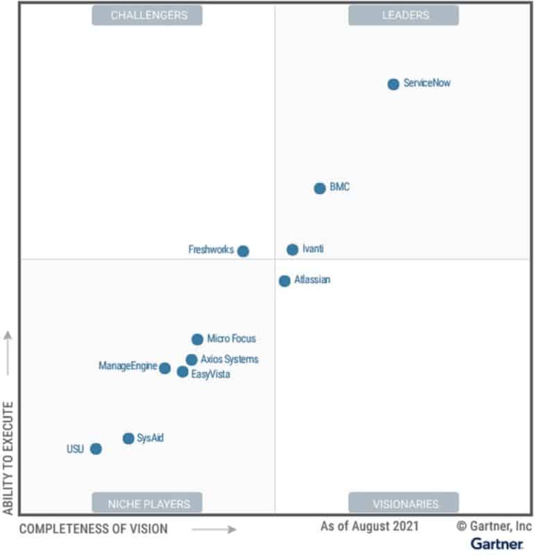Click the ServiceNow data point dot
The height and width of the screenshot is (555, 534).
393,84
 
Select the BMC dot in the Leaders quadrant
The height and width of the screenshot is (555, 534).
320,188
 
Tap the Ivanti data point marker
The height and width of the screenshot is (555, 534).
293,250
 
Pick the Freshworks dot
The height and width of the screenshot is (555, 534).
243,251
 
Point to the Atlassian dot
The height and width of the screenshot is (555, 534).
284,281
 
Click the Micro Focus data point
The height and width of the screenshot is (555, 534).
197,339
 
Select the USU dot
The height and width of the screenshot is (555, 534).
96,449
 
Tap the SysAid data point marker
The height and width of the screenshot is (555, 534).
128,438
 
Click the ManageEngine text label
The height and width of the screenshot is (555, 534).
127,366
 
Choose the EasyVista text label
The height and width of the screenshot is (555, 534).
210,375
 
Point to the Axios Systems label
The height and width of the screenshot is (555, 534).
229,359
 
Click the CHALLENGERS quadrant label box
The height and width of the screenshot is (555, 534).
147,15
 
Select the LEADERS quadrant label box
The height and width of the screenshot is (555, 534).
403,15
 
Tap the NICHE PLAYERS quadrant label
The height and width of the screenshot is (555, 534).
147,503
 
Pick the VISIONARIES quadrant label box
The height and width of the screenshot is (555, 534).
403,503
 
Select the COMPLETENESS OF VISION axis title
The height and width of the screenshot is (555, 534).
93,529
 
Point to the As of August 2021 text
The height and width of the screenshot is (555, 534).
369,526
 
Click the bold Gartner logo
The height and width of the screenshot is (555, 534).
497,543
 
